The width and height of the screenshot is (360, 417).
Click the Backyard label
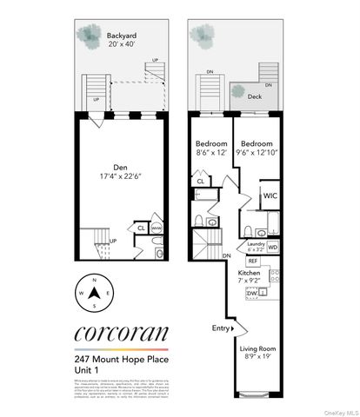pyautogui.click(x=121, y=36)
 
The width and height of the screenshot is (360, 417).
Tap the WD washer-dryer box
pyautogui.click(x=273, y=248)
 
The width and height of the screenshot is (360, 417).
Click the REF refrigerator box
pyautogui.click(x=253, y=261)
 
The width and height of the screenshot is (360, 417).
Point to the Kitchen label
pyautogui.click(x=250, y=273)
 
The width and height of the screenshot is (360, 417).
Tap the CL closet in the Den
pyautogui.click(x=141, y=228)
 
